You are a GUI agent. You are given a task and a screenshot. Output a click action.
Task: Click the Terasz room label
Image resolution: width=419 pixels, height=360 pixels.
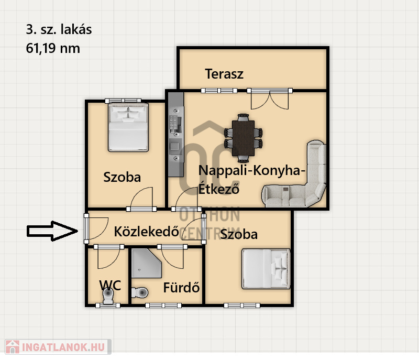(x=224, y=73)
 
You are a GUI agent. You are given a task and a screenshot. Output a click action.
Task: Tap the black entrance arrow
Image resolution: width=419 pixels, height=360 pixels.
(x=52, y=231)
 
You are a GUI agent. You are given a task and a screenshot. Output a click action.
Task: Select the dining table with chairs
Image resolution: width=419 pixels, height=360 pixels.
(x=244, y=137)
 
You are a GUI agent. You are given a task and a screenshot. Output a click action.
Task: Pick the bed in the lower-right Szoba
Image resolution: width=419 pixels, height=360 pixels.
(x=266, y=269)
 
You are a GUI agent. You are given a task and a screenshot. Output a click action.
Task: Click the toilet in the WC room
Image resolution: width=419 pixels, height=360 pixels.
(x=108, y=297)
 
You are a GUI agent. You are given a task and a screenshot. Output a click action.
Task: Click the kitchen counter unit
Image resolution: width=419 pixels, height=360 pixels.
(x=176, y=134)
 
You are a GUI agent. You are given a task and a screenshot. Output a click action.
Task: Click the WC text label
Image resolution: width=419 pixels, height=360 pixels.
(x=110, y=285)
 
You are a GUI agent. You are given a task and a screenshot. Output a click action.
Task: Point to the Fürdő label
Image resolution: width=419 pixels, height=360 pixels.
(x=181, y=288)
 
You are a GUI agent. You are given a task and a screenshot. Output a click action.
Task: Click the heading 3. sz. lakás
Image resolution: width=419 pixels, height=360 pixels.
(x=59, y=30)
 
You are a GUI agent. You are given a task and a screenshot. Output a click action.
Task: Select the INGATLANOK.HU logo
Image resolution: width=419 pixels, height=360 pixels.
(x=57, y=346)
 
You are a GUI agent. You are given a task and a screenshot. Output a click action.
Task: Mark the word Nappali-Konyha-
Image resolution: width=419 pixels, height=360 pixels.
(x=251, y=171)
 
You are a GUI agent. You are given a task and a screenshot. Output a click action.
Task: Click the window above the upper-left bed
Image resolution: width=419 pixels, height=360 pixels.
(x=123, y=101)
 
